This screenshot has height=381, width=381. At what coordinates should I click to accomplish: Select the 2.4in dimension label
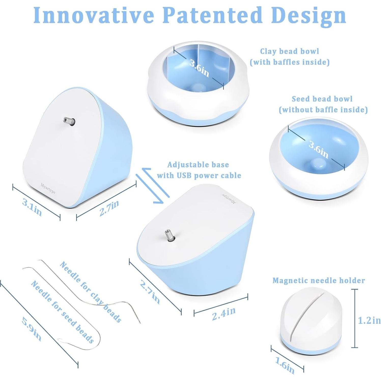point(224,314)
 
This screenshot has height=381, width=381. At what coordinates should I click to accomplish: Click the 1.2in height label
point(369,320)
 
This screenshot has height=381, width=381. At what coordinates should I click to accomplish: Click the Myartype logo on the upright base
point(48,188)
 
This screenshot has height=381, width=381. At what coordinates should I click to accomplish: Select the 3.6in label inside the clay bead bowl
point(199,68)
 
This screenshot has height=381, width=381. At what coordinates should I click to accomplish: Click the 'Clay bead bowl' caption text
point(289,51)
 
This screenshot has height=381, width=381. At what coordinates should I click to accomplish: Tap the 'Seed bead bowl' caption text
point(322,99)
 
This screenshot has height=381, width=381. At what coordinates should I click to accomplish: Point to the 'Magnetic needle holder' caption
point(319,280)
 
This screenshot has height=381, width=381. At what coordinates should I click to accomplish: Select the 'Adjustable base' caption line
point(198,165)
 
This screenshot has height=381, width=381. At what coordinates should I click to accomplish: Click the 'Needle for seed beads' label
point(62,312)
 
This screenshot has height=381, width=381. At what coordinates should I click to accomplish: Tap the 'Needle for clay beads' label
point(90,291)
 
